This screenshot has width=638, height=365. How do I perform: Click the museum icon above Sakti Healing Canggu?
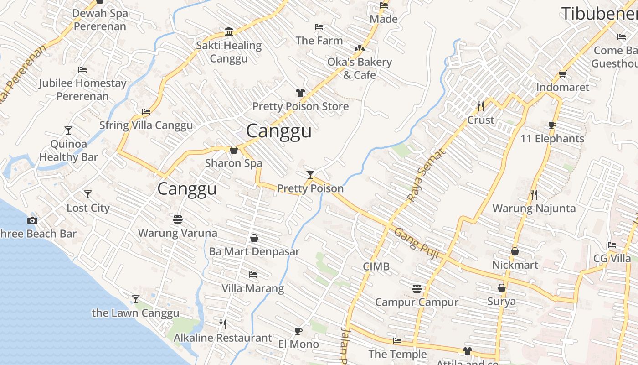click(229, 31)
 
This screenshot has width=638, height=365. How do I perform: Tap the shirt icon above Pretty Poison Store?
click(300, 93)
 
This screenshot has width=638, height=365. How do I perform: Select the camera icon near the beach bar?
click(32, 221)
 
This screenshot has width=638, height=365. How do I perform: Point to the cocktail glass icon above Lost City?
click(88, 194)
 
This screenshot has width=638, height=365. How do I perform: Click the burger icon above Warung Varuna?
click(178, 219)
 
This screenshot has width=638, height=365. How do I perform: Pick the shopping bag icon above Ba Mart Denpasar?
click(254, 238)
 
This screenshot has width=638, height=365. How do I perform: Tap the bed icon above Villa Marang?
click(253, 275)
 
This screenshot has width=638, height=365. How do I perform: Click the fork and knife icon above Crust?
click(481, 106)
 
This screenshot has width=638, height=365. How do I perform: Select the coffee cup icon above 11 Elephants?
click(552, 125)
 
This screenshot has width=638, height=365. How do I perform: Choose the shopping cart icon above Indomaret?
click(562, 74)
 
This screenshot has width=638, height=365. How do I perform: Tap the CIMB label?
click(376, 266)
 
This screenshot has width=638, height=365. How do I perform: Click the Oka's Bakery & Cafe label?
click(360, 68)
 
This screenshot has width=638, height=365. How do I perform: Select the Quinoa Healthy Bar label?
click(68, 151)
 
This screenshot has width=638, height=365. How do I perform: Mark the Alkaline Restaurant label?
click(223, 338)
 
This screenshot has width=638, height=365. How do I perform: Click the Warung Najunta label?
click(534, 209)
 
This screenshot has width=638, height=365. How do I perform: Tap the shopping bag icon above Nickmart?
click(515, 251)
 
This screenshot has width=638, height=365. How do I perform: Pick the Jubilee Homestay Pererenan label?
click(82, 90)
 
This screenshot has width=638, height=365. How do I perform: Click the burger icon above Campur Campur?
click(417, 288)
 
